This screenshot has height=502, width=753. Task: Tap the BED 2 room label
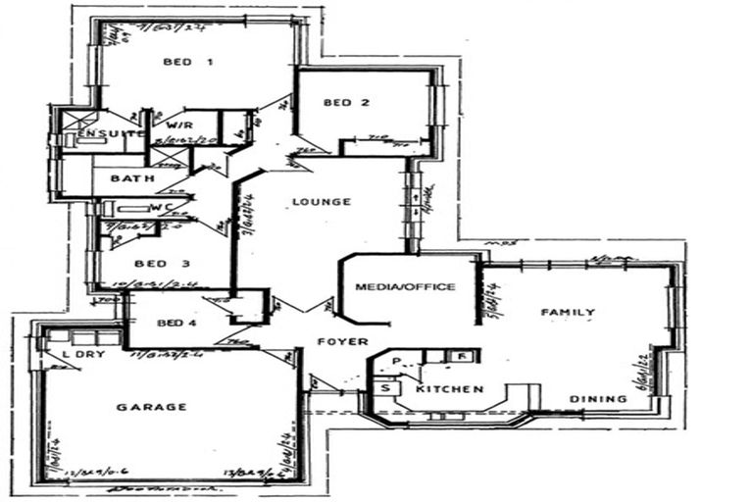(347, 103)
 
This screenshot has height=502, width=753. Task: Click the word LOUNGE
(321, 202)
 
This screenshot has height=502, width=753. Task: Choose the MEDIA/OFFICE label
(405, 286)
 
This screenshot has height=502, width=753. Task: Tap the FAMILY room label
(569, 313)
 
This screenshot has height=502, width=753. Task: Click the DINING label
(598, 399)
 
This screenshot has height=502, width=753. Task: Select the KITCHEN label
(449, 389)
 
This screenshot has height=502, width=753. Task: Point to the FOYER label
(342, 341)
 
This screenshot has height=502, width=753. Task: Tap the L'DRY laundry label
(78, 353)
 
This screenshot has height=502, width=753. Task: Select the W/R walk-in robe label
(177, 126)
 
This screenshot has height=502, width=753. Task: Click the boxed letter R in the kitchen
(460, 356)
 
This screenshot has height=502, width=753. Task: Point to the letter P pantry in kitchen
(397, 362)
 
